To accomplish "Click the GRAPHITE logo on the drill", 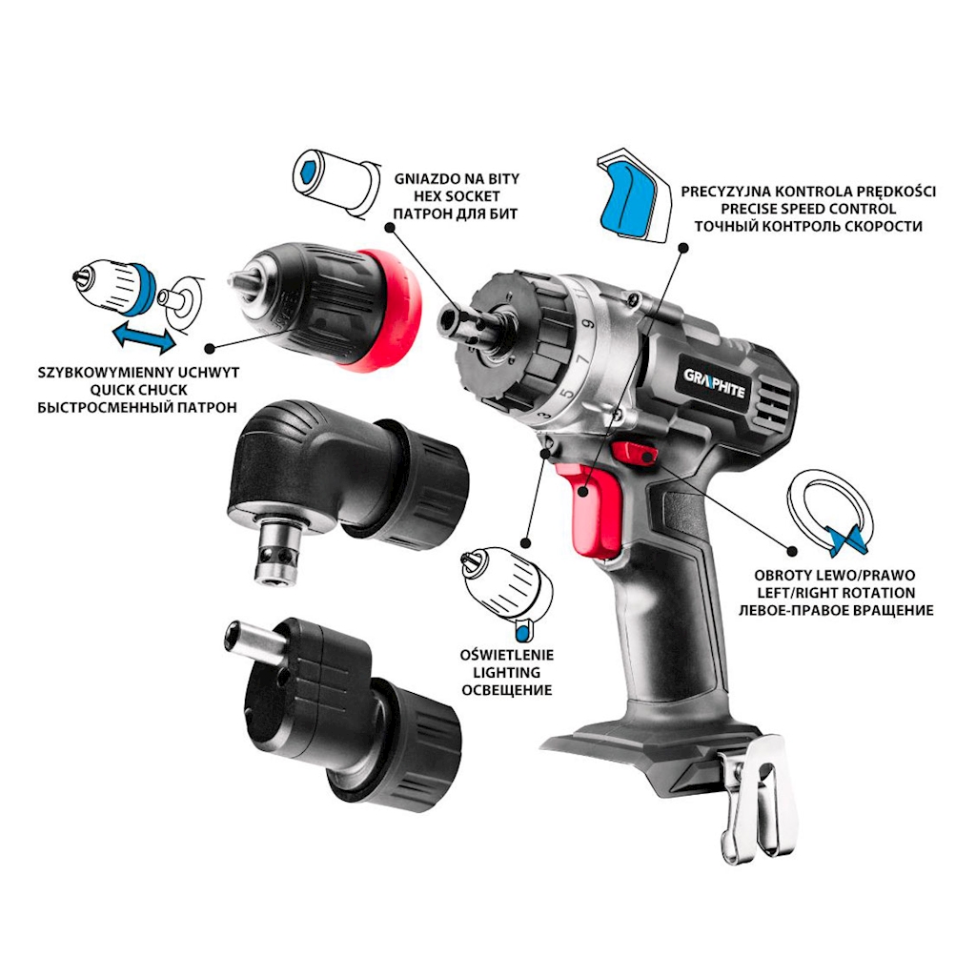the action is click(x=714, y=383).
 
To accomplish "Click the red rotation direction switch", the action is click(x=634, y=453).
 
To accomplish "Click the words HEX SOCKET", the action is click(x=457, y=196).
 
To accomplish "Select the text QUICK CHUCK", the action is click(x=137, y=390).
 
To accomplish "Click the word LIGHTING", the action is click(x=506, y=673).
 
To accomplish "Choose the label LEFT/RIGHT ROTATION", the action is click(x=836, y=593).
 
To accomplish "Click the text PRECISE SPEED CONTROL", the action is click(x=808, y=209).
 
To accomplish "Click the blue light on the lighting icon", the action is click(x=522, y=633).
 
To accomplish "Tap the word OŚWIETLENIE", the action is click(x=507, y=656).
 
